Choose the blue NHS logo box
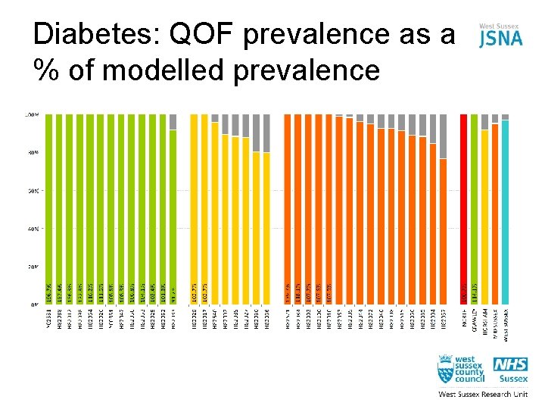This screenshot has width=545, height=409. (511, 365)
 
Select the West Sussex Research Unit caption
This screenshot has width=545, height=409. (483, 395)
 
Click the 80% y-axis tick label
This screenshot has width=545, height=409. (33, 152)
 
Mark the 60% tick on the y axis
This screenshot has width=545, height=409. (33, 190)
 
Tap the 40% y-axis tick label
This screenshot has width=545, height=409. (33, 228)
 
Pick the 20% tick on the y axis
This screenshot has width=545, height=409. (33, 266)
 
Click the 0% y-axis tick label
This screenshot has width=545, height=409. (34, 304)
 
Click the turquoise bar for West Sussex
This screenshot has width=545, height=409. (505, 212)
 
